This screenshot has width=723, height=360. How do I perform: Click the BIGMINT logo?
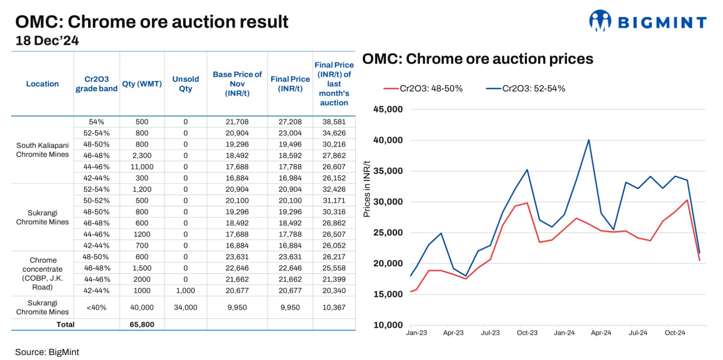point(647,21)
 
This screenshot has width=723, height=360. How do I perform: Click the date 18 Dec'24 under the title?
point(47,41)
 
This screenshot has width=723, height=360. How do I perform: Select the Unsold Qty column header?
point(185,84)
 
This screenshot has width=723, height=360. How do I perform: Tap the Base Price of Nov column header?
point(237,84)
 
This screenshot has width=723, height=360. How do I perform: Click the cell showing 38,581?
point(333,122)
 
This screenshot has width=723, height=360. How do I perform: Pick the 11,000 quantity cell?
point(141,167)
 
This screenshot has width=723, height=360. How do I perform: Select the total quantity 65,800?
point(141,324)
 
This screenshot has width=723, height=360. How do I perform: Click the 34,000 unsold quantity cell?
point(185,307)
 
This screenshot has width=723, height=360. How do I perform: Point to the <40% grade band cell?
point(96,307)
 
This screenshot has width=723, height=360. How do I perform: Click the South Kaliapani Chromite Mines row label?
point(42,150)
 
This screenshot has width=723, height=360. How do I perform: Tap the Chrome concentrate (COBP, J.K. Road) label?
point(42,273)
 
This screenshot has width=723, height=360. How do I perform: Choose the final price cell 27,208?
point(290,122)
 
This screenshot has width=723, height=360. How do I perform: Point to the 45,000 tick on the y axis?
point(388,109)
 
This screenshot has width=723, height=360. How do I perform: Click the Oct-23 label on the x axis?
point(527,333)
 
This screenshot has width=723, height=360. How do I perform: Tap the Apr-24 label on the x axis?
point(601,333)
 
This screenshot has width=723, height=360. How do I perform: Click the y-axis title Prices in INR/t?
point(366,189)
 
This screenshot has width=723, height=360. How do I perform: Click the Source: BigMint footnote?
point(47,352)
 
